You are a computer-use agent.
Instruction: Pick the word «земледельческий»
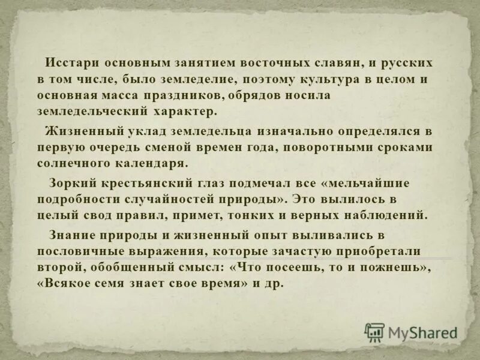coord(89,111)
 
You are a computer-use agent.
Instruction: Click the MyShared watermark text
coord(422,332)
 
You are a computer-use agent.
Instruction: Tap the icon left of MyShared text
coord(375,332)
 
